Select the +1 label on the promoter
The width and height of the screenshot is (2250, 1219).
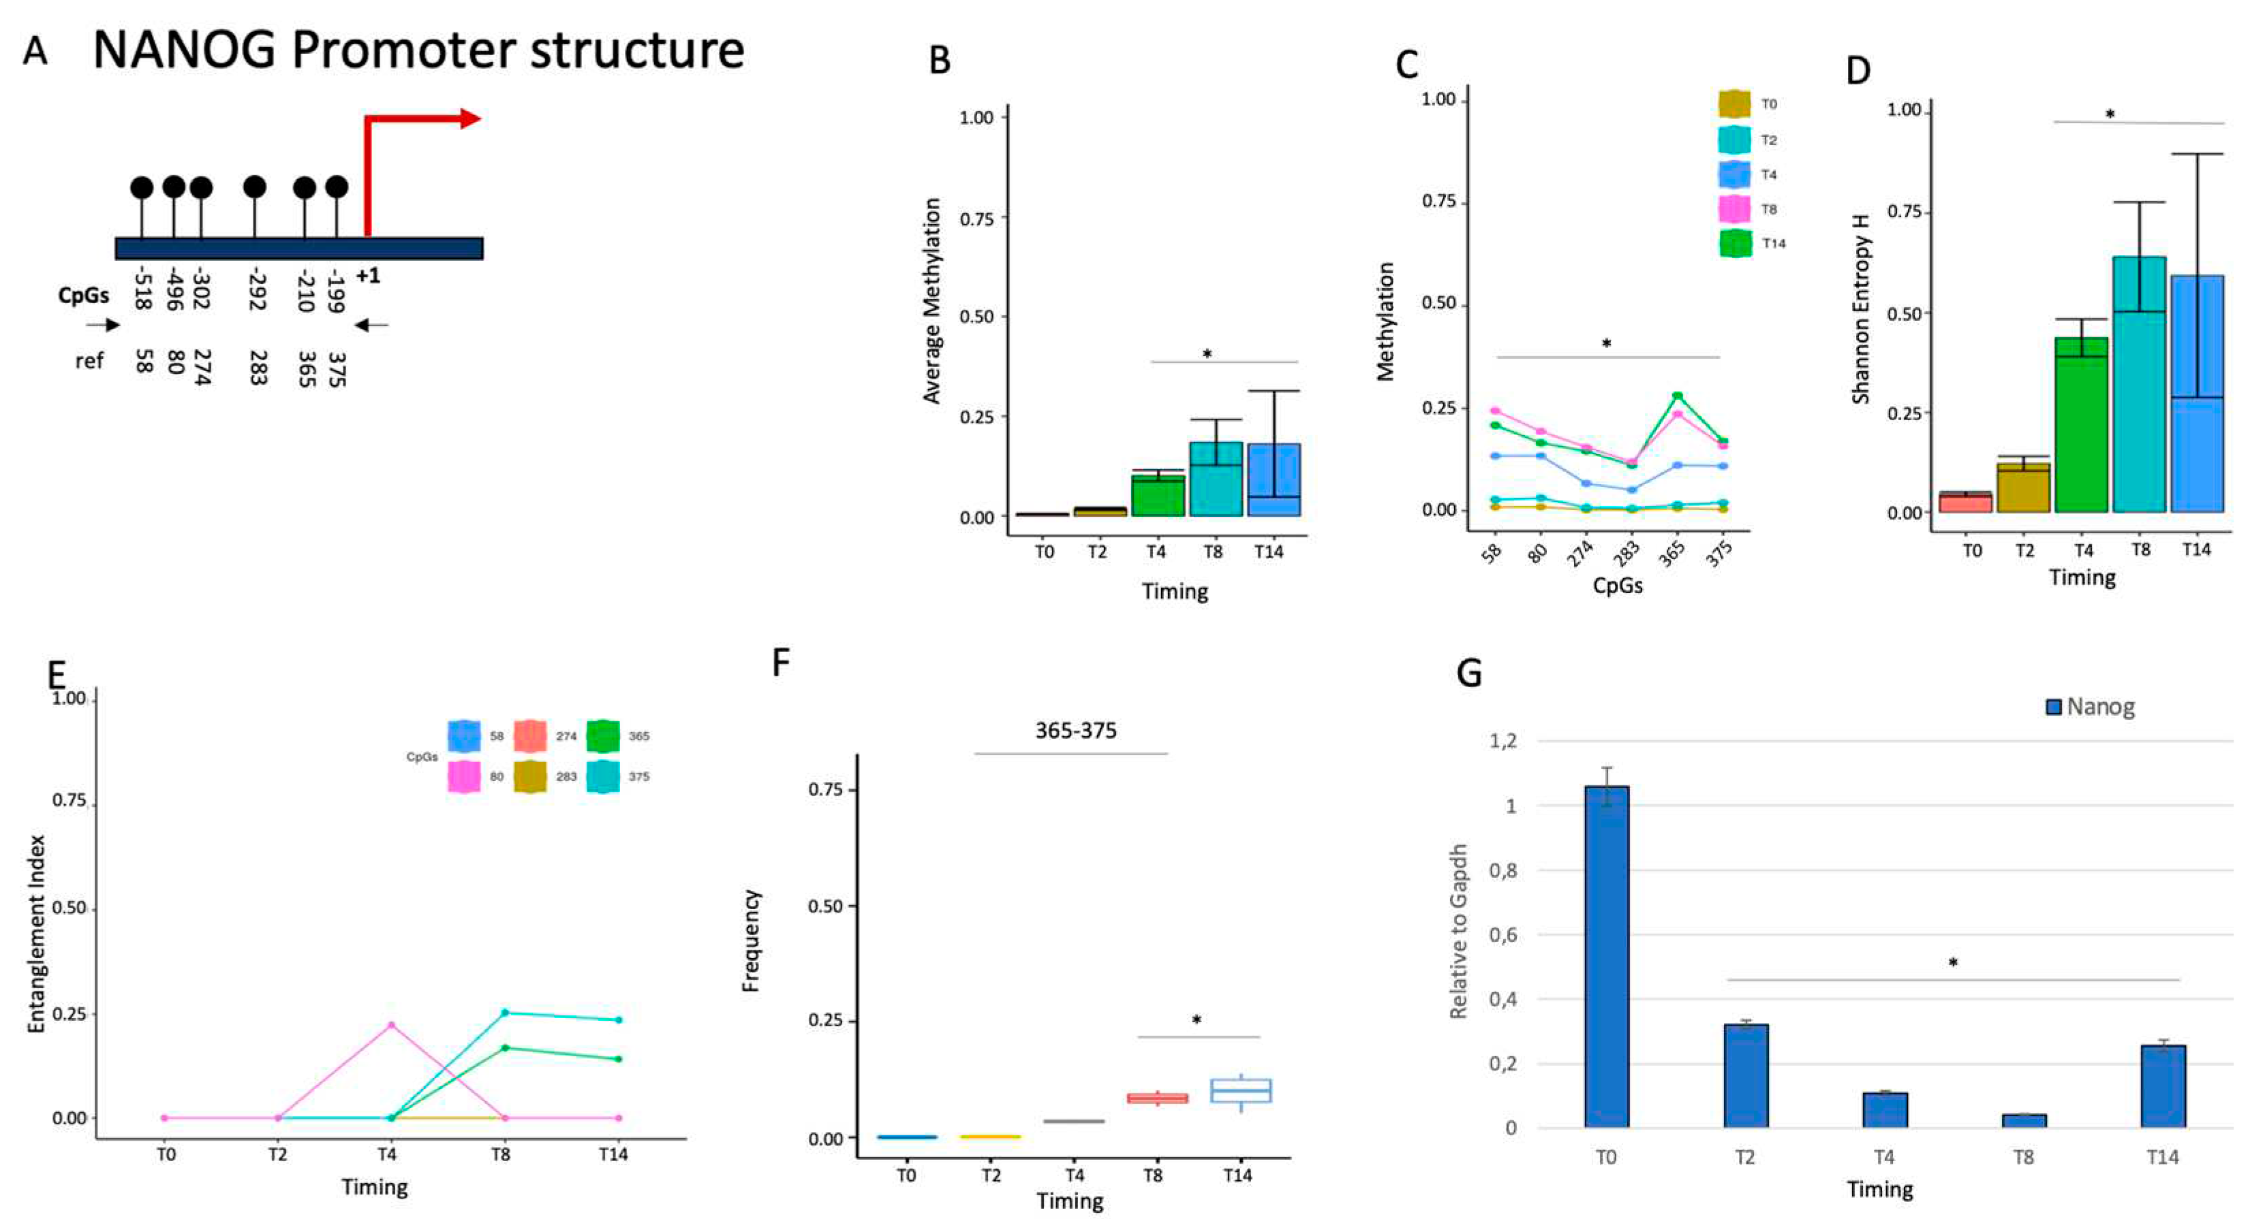coord(368,276)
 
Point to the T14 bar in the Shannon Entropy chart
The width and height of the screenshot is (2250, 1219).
coord(2196,393)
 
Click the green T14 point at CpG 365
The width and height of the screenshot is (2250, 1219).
coord(1677,396)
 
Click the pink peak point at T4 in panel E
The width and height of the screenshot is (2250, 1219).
coord(390,1025)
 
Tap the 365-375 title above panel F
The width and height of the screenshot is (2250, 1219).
coord(1075,731)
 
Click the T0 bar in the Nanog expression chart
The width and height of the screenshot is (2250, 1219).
coord(1605,956)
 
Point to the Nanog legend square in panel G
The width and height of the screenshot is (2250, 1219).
coord(2054,706)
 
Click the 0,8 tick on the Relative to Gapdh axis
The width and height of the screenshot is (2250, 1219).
coord(1502,870)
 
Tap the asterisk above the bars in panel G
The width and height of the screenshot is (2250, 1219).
coord(1953,963)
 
